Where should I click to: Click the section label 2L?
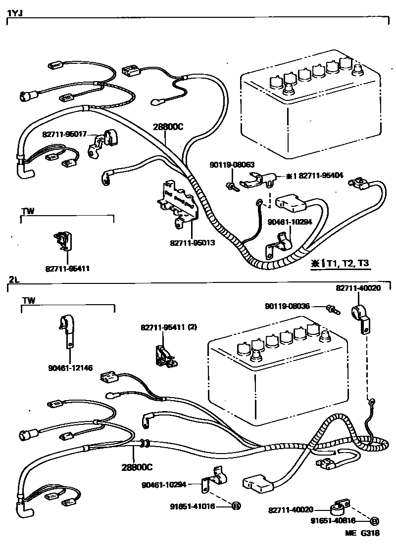coord(13,280)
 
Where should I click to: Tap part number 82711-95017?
coord(64,134)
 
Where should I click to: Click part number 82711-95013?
coord(192,243)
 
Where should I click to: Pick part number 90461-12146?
coord(71,367)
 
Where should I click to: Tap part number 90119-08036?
coord(287,307)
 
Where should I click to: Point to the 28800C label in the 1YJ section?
coord(167,127)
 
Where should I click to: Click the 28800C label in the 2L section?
coord(137,466)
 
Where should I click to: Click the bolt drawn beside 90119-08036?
coord(334,310)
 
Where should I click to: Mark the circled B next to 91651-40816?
coord(374,520)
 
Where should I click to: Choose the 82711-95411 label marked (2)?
coord(169,327)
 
